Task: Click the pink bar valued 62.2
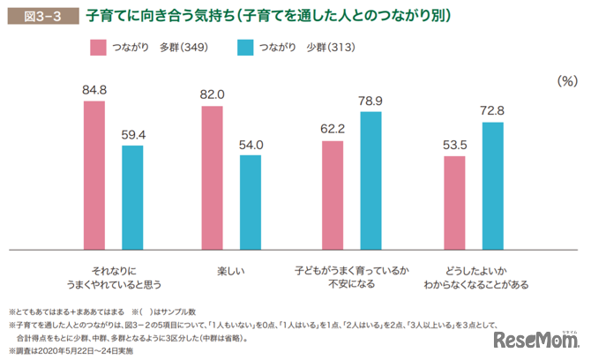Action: (332, 193)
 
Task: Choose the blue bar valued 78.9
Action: (370, 179)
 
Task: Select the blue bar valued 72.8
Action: (492, 184)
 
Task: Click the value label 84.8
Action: (94, 90)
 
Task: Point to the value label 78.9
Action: (370, 101)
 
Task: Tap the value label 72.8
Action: (492, 111)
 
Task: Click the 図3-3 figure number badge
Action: (36, 16)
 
